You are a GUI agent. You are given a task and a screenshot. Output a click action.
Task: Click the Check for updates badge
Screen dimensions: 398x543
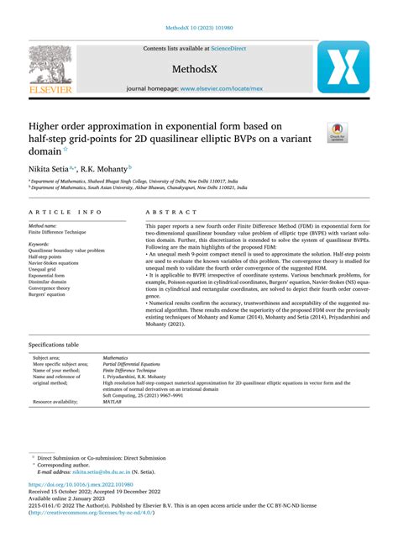pyautogui.click(x=337, y=130)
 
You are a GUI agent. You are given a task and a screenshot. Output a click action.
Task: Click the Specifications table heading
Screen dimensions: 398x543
pyautogui.click(x=54, y=345)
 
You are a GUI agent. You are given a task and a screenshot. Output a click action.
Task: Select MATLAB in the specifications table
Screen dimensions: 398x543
pyautogui.click(x=113, y=403)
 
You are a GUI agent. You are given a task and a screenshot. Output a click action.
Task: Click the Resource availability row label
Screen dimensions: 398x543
pyautogui.click(x=56, y=403)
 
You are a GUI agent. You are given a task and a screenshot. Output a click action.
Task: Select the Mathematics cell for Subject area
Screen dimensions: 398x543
pyautogui.click(x=116, y=357)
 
